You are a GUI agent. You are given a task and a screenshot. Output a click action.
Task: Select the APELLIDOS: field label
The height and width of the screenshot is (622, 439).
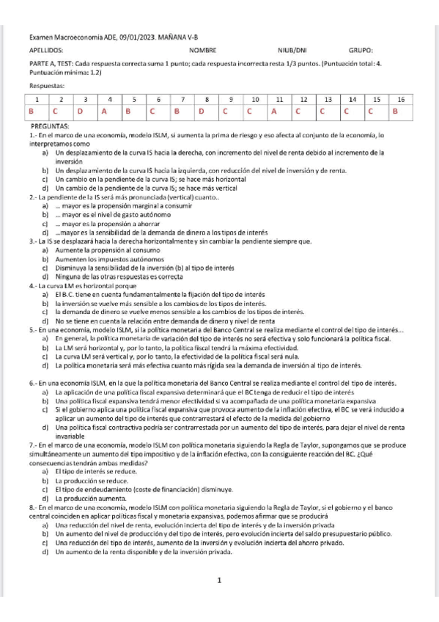click(45, 51)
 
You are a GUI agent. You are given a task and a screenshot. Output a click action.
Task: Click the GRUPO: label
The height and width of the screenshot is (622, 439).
click(361, 51)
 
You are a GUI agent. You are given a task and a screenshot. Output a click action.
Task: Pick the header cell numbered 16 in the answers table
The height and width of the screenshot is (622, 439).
click(400, 98)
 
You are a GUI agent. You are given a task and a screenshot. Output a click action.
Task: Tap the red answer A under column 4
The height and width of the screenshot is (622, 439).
click(104, 111)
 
